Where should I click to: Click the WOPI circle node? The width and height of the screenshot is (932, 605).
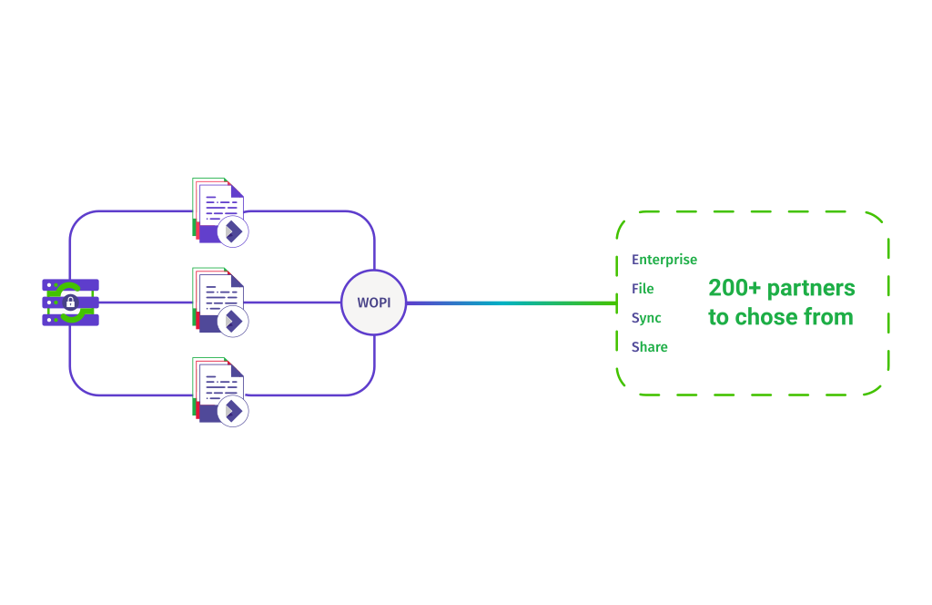click(373, 302)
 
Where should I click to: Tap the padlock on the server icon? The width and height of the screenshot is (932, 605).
click(70, 302)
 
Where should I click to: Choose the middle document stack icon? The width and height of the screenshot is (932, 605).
click(217, 299)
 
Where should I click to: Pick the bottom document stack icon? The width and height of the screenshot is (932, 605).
click(217, 389)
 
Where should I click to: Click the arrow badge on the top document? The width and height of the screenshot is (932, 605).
click(233, 231)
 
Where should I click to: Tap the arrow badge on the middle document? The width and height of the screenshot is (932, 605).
click(233, 321)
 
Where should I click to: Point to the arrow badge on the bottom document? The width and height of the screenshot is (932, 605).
click(233, 411)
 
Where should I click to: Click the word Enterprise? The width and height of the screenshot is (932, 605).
click(664, 260)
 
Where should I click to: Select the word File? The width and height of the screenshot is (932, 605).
click(643, 289)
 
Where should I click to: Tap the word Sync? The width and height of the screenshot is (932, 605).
click(646, 318)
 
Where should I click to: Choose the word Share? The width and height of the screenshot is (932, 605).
click(649, 347)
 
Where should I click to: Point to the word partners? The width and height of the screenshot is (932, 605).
click(811, 289)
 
